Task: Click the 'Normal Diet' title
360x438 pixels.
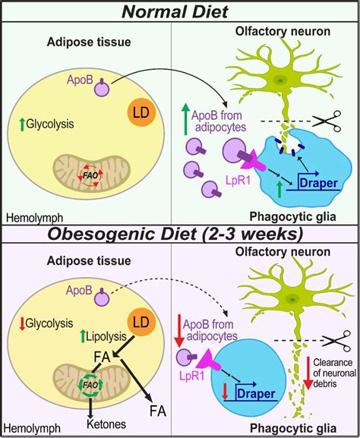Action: point(179,13)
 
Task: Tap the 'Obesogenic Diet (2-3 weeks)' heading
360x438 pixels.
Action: point(179,231)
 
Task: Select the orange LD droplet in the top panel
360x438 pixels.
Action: point(141,115)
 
